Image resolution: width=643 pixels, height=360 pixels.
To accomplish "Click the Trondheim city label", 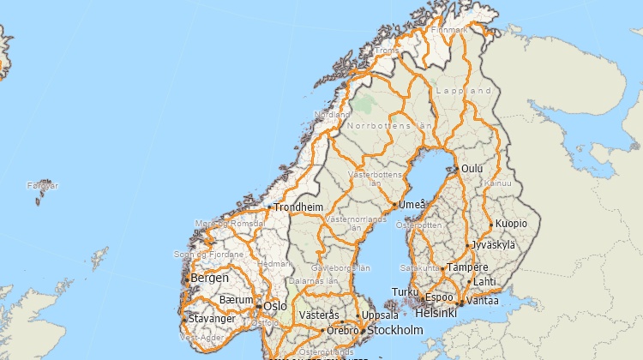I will coord(298,207).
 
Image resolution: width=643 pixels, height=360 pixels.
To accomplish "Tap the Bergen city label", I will coord(209,278).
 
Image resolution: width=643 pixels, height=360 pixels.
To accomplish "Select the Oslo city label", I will coord(275,306).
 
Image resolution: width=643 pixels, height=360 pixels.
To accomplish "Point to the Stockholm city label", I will coord(394,330).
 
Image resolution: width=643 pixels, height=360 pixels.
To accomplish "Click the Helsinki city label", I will coord(436,313).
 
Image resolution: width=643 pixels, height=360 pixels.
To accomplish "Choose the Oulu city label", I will coord(472,169).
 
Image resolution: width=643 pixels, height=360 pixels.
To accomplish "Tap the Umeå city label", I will coord(412,206).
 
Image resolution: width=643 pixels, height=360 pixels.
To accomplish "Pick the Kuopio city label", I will coord(511,225).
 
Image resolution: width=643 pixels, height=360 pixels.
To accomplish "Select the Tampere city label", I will coord(467,267).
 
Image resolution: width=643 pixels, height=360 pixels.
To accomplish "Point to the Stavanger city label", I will coord(212,319).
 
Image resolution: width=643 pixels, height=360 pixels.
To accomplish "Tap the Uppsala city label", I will coord(381,315).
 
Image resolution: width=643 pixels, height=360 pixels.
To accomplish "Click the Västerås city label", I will coord(319,315).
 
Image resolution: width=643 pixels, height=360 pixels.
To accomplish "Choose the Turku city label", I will coord(404,292).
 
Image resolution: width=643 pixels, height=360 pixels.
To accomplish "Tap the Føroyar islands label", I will coord(43,185).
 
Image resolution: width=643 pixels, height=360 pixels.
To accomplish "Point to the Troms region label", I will coord(388,51).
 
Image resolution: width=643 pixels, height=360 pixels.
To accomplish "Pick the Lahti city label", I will coord(484,281).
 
